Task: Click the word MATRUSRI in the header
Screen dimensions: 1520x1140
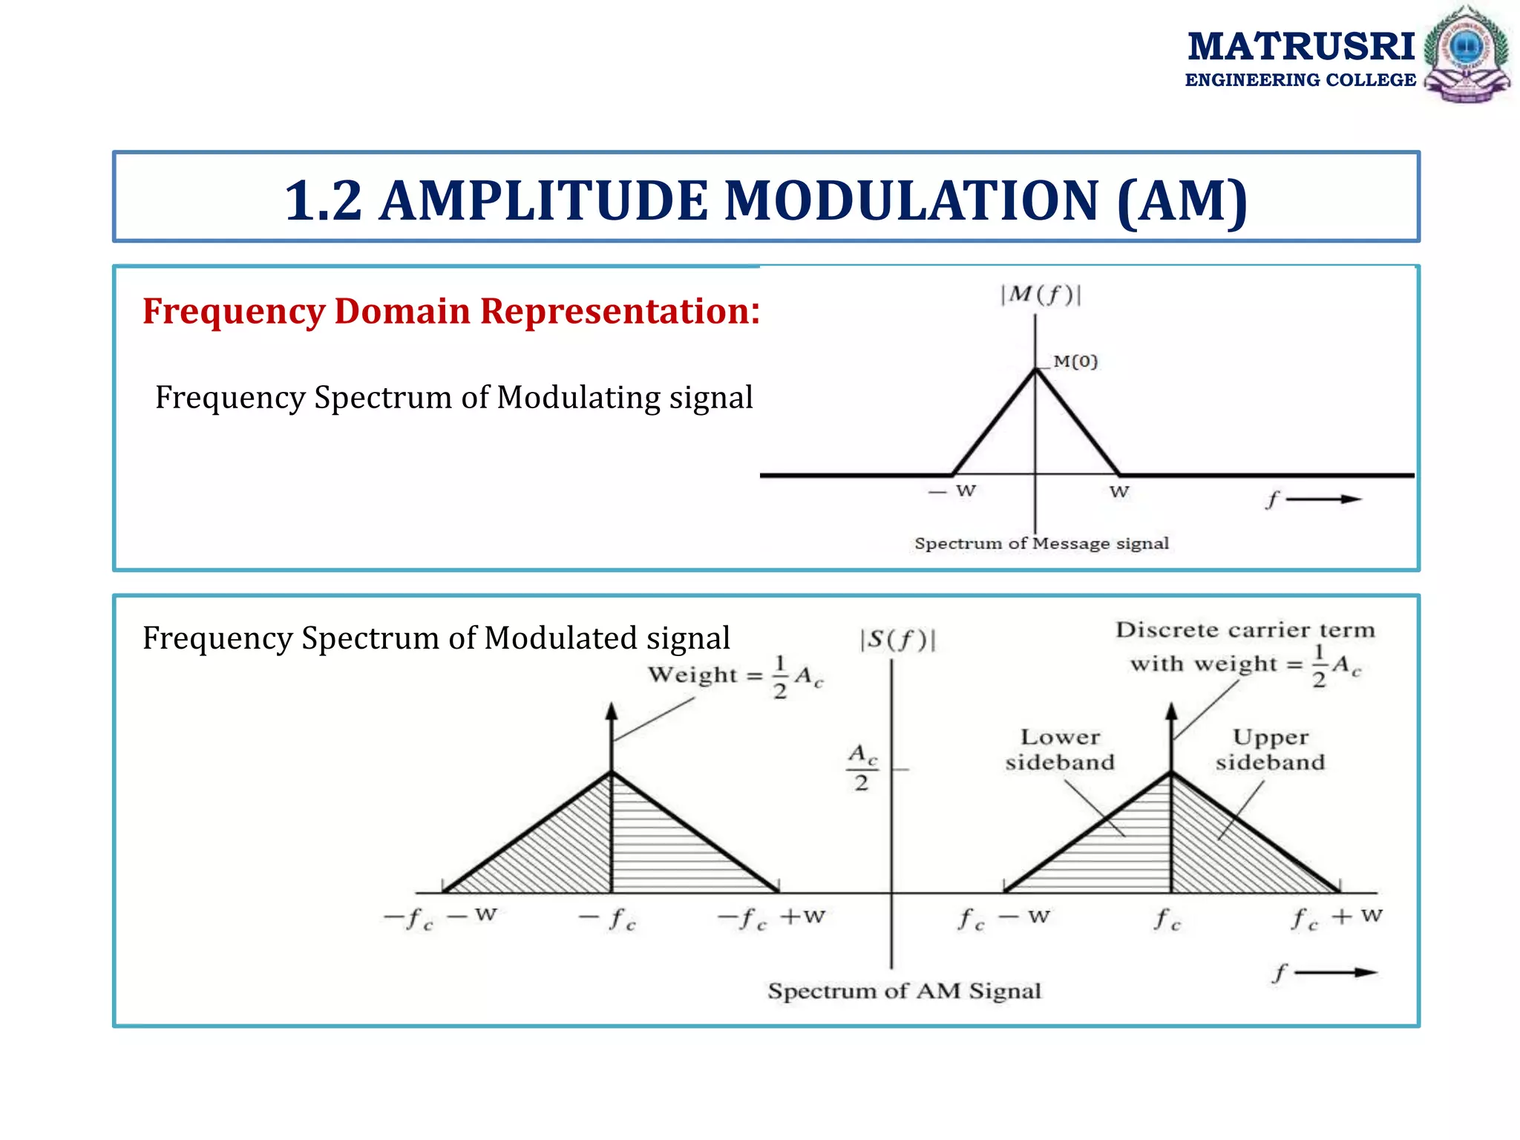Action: coord(1301,47)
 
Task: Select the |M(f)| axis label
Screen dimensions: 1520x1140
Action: coord(1040,295)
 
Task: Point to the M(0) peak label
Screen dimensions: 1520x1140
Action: coord(1075,361)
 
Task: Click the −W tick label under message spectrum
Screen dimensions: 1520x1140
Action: coord(952,491)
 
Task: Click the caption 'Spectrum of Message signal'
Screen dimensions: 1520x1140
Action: coord(1041,543)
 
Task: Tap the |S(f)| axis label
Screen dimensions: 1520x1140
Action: coord(897,639)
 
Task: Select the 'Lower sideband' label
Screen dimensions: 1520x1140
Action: coord(1060,750)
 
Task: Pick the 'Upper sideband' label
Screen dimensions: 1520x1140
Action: coord(1270,750)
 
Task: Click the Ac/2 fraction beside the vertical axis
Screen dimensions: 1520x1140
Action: coord(862,767)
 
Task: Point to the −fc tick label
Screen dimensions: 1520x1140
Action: coord(608,919)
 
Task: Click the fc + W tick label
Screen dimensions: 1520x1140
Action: coord(1337,918)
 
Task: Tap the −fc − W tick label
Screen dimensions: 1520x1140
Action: coord(440,918)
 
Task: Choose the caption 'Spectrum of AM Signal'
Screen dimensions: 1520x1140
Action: coord(904,991)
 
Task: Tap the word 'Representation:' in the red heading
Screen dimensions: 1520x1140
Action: coord(620,311)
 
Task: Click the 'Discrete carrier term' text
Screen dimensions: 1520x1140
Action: coord(1245,630)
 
